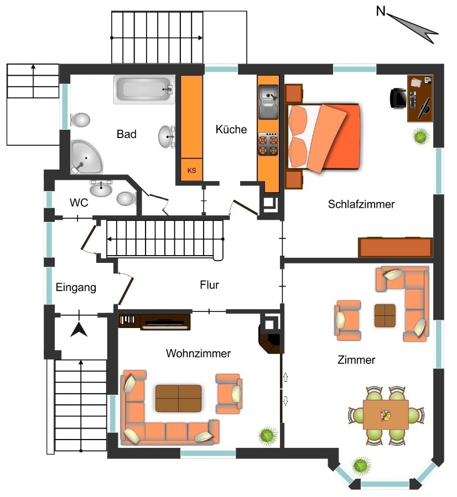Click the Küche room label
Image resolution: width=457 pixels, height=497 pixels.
point(231,129)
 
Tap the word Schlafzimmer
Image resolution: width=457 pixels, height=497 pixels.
point(361,204)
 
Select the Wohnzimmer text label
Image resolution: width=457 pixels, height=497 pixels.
point(198,353)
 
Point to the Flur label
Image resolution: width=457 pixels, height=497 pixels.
point(209,284)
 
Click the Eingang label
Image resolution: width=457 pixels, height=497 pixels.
point(76,288)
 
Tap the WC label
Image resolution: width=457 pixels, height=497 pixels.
point(79,203)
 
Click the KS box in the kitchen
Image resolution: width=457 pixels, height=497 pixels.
point(191,170)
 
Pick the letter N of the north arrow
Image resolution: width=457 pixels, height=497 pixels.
point(381,12)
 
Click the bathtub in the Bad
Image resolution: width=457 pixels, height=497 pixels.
point(144,89)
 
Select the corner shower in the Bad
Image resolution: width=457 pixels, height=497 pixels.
point(86,157)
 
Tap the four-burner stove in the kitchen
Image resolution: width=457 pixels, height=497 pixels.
point(268,144)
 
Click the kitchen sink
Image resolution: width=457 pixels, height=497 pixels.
point(268,102)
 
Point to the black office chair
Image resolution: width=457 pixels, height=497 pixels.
point(398,98)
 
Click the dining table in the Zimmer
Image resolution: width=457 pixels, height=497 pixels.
point(386,415)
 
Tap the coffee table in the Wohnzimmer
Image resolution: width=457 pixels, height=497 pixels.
point(179,398)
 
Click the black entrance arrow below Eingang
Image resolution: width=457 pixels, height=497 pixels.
point(79,330)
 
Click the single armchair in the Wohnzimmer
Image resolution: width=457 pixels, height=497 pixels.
point(229,394)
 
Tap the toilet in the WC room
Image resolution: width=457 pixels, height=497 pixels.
point(126,198)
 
